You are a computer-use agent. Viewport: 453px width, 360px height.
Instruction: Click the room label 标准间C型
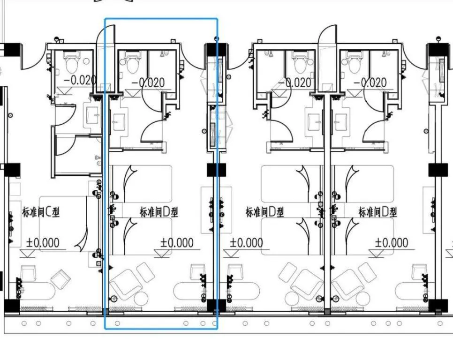pos(41,212)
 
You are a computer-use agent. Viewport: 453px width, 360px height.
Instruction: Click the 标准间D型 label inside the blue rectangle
pos(159,212)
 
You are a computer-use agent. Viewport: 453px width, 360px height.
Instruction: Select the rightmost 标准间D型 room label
pos(377,212)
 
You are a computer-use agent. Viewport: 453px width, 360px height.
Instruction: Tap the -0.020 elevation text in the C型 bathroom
pos(80,80)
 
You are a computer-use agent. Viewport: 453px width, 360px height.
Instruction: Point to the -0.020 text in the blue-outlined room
pos(148,82)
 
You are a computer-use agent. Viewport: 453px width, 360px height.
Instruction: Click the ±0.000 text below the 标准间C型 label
pos(43,243)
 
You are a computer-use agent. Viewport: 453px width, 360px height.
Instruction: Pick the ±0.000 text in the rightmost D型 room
pos(392,243)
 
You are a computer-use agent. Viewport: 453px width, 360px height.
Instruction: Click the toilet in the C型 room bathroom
pos(72,62)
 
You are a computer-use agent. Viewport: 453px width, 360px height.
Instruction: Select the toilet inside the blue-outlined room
pos(133,62)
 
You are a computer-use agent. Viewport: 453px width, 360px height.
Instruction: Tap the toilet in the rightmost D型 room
pos(355,62)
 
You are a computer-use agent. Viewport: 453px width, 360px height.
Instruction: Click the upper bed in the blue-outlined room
pos(141,184)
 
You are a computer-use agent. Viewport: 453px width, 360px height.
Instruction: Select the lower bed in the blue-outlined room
pos(141,236)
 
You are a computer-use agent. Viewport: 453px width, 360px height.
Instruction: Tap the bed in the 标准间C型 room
pos(63,224)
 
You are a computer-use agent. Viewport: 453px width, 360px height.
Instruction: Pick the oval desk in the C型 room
pos(32,292)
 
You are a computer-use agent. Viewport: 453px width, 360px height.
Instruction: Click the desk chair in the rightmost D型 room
pos(419,272)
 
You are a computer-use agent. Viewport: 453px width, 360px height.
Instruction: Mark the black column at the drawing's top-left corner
pos(12,50)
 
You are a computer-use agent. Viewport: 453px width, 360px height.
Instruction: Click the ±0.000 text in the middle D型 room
pos(247,243)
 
